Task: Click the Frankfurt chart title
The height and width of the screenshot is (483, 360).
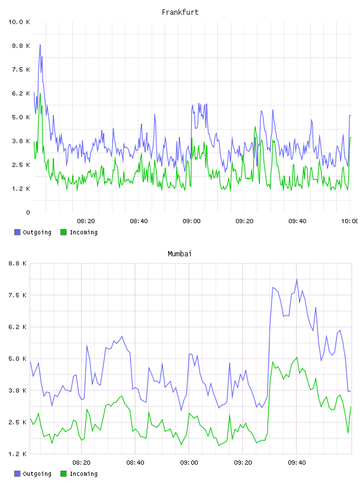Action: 180,12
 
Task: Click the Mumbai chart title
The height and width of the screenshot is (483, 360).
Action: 179,254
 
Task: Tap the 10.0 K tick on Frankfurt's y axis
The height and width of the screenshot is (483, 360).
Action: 19,22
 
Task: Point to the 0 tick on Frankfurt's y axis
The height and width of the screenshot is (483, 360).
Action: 28,212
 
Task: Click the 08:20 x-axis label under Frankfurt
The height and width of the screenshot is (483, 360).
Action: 86,221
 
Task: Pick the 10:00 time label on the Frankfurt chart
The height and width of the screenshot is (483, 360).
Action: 350,221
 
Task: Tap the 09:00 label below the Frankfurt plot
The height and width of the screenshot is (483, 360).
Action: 191,221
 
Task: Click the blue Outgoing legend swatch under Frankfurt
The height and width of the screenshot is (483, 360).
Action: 17,232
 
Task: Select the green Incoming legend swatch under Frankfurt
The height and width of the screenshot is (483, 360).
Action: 63,232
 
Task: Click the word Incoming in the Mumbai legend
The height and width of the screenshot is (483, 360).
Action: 83,474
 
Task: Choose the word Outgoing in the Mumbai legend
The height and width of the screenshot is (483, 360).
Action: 37,474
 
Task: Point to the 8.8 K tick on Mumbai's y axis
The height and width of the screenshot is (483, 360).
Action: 18,263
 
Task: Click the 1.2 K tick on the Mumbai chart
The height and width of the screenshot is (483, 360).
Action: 18,454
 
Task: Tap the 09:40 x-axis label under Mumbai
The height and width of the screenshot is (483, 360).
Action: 297,463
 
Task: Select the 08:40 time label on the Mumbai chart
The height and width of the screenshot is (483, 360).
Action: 136,463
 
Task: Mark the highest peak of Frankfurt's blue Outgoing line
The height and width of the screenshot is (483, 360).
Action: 40,44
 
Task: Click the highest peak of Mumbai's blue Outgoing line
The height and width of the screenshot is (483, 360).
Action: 297,279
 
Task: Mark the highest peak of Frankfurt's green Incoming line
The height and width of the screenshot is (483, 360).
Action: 40,94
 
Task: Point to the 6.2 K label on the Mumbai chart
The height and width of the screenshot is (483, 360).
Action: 18,327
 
